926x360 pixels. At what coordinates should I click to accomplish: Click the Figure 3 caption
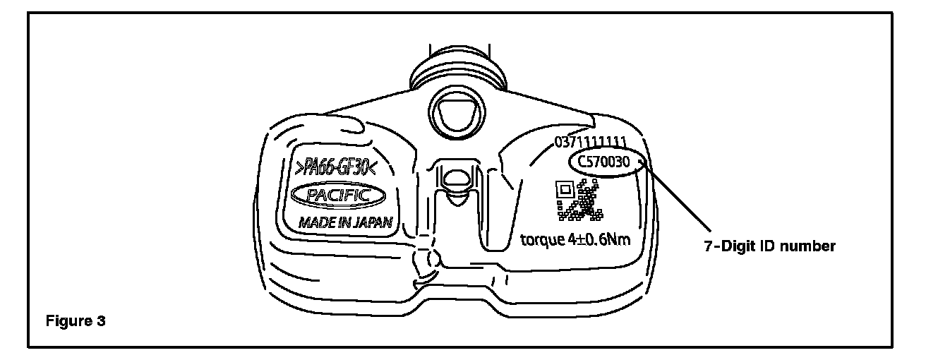[x=76, y=322]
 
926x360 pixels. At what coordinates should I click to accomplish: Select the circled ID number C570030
[x=608, y=162]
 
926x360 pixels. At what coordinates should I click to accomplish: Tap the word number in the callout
[x=812, y=246]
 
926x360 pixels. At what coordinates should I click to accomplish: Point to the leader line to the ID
[x=678, y=197]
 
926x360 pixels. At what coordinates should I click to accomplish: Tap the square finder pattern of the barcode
[x=563, y=190]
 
